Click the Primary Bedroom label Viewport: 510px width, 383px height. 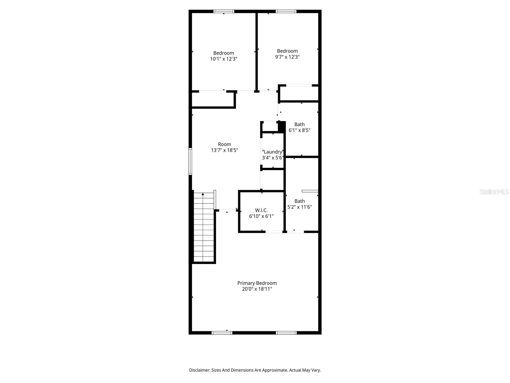[x=257, y=283]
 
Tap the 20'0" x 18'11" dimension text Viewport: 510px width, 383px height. [x=257, y=289]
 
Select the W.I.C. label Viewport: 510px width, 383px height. [x=261, y=210]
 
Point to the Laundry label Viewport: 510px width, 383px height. [x=273, y=152]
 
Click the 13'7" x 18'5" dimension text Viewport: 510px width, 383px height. [x=224, y=150]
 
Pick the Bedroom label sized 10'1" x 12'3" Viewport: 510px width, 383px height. [x=223, y=53]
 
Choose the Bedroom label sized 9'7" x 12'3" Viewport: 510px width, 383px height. [x=287, y=51]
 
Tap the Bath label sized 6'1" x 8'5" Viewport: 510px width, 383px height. [x=299, y=124]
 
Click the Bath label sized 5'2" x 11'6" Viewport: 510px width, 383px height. [x=299, y=201]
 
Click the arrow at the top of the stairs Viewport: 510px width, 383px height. [x=203, y=194]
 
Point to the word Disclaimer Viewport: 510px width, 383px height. [x=199, y=370]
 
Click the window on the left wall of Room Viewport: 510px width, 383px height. [x=190, y=161]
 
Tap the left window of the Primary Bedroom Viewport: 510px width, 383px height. [x=222, y=333]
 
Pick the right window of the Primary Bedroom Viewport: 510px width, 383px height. [x=286, y=333]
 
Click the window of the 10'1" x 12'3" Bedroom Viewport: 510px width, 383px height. [x=224, y=11]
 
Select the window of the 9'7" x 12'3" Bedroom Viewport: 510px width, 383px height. [x=286, y=11]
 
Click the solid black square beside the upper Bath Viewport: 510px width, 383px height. [x=282, y=126]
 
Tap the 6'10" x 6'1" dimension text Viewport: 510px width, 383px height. [x=261, y=216]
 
